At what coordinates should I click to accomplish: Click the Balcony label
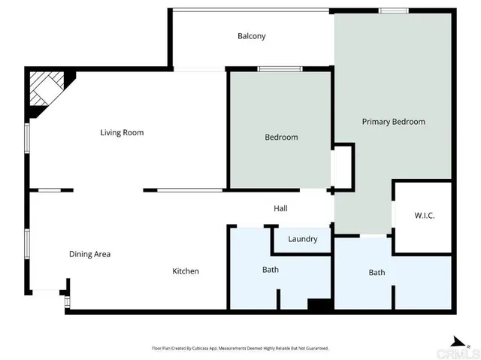[x=251, y=36]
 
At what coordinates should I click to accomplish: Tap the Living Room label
[x=122, y=133]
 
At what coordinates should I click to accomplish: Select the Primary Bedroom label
[x=393, y=122]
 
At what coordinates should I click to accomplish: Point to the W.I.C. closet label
[x=425, y=216]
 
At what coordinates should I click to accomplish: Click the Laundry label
[x=302, y=240]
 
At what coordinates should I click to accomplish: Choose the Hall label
[x=280, y=209]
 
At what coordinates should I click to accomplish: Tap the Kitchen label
[x=186, y=271]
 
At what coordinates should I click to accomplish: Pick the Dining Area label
[x=89, y=254]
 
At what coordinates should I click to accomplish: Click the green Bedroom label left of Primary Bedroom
[x=281, y=138]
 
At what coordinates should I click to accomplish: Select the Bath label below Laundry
[x=271, y=270]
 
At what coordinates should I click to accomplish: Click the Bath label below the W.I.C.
[x=377, y=272]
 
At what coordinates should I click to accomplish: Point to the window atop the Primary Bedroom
[x=393, y=11]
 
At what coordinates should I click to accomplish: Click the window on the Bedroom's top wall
[x=280, y=69]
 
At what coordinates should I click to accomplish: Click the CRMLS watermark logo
[x=459, y=352]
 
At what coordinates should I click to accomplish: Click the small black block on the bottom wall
[x=319, y=305]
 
